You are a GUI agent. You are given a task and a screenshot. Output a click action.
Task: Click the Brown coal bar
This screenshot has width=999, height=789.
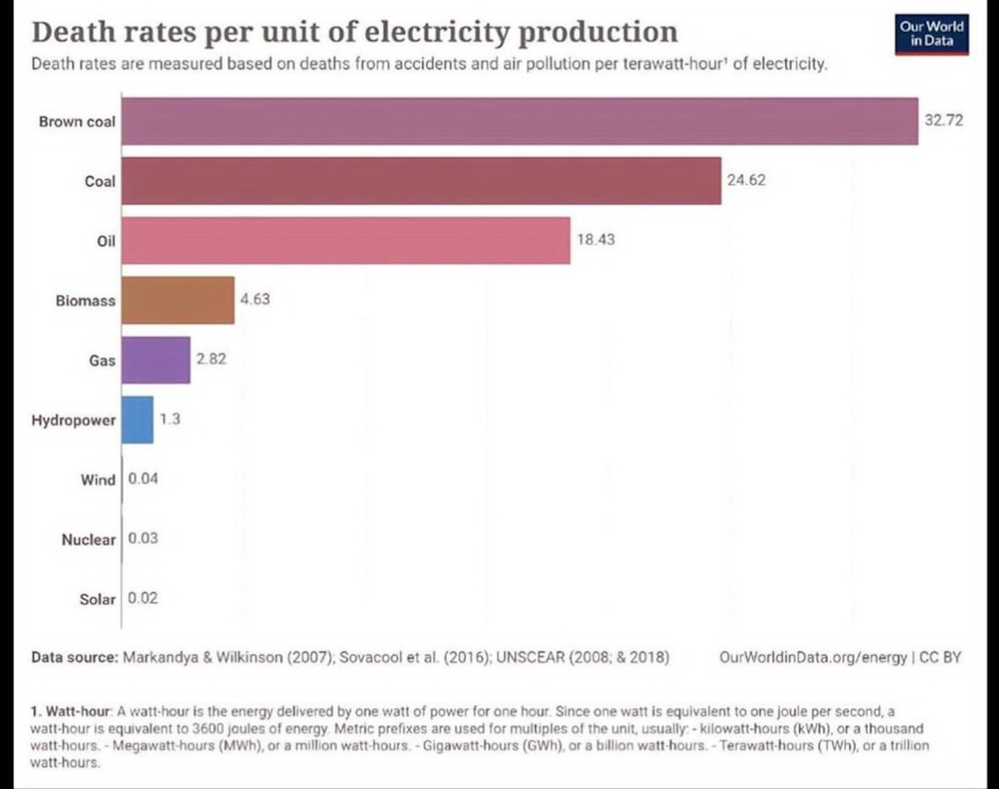519,121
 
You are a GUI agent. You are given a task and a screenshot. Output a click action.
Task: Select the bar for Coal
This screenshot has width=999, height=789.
421,181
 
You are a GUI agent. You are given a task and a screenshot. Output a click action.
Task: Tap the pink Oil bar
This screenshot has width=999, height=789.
346,240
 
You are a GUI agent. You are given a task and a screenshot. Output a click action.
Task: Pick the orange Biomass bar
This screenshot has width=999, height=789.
178,300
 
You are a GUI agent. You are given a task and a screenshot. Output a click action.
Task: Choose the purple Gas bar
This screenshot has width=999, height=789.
156,360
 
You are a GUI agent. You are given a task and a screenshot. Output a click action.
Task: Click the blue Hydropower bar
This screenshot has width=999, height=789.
137,420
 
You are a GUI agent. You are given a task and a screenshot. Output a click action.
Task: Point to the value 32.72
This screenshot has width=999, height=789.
944,121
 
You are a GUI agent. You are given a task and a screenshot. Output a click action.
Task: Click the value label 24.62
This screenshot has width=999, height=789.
746,180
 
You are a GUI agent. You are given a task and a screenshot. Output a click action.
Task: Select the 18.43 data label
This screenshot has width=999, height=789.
595,240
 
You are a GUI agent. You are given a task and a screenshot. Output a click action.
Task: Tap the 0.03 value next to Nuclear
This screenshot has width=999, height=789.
143,538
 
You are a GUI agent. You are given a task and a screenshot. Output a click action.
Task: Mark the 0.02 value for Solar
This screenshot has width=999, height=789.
143,598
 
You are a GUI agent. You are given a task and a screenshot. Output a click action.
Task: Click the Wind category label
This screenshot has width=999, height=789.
98,480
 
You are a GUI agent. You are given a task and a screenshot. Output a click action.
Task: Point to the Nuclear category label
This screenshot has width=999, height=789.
89,539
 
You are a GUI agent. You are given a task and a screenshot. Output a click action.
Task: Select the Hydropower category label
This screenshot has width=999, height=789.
73,420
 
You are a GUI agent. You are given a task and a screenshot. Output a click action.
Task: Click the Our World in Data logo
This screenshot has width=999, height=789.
931,34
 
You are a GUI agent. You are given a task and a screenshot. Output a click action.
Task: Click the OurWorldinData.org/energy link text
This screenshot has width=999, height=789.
813,658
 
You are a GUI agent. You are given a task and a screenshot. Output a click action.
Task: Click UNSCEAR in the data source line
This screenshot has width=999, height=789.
530,658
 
